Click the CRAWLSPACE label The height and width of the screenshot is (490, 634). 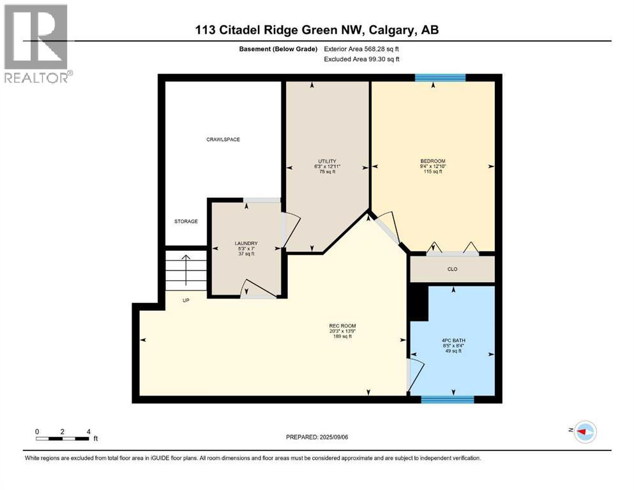pyautogui.click(x=223, y=139)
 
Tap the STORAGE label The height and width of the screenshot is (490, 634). pyautogui.click(x=186, y=221)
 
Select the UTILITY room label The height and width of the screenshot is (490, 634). pyautogui.click(x=328, y=161)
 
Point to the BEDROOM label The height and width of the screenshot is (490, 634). pyautogui.click(x=432, y=161)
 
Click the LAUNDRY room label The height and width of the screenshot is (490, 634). pyautogui.click(x=246, y=243)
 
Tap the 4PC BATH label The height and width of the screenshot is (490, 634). pyautogui.click(x=453, y=341)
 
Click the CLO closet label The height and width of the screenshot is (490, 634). pyautogui.click(x=453, y=269)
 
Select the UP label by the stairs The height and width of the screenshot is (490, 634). pyautogui.click(x=186, y=300)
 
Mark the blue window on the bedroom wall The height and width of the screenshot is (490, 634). pyautogui.click(x=440, y=78)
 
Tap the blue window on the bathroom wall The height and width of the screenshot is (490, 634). pyautogui.click(x=447, y=400)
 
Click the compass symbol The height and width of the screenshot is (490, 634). pyautogui.click(x=584, y=432)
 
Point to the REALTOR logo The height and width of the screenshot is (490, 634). pyautogui.click(x=36, y=43)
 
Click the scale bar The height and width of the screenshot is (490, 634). pyautogui.click(x=63, y=438)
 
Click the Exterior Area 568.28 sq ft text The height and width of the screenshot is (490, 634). pyautogui.click(x=364, y=48)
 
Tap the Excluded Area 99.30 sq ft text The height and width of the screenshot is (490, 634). pyautogui.click(x=364, y=59)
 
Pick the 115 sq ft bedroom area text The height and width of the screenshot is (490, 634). pyautogui.click(x=432, y=172)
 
